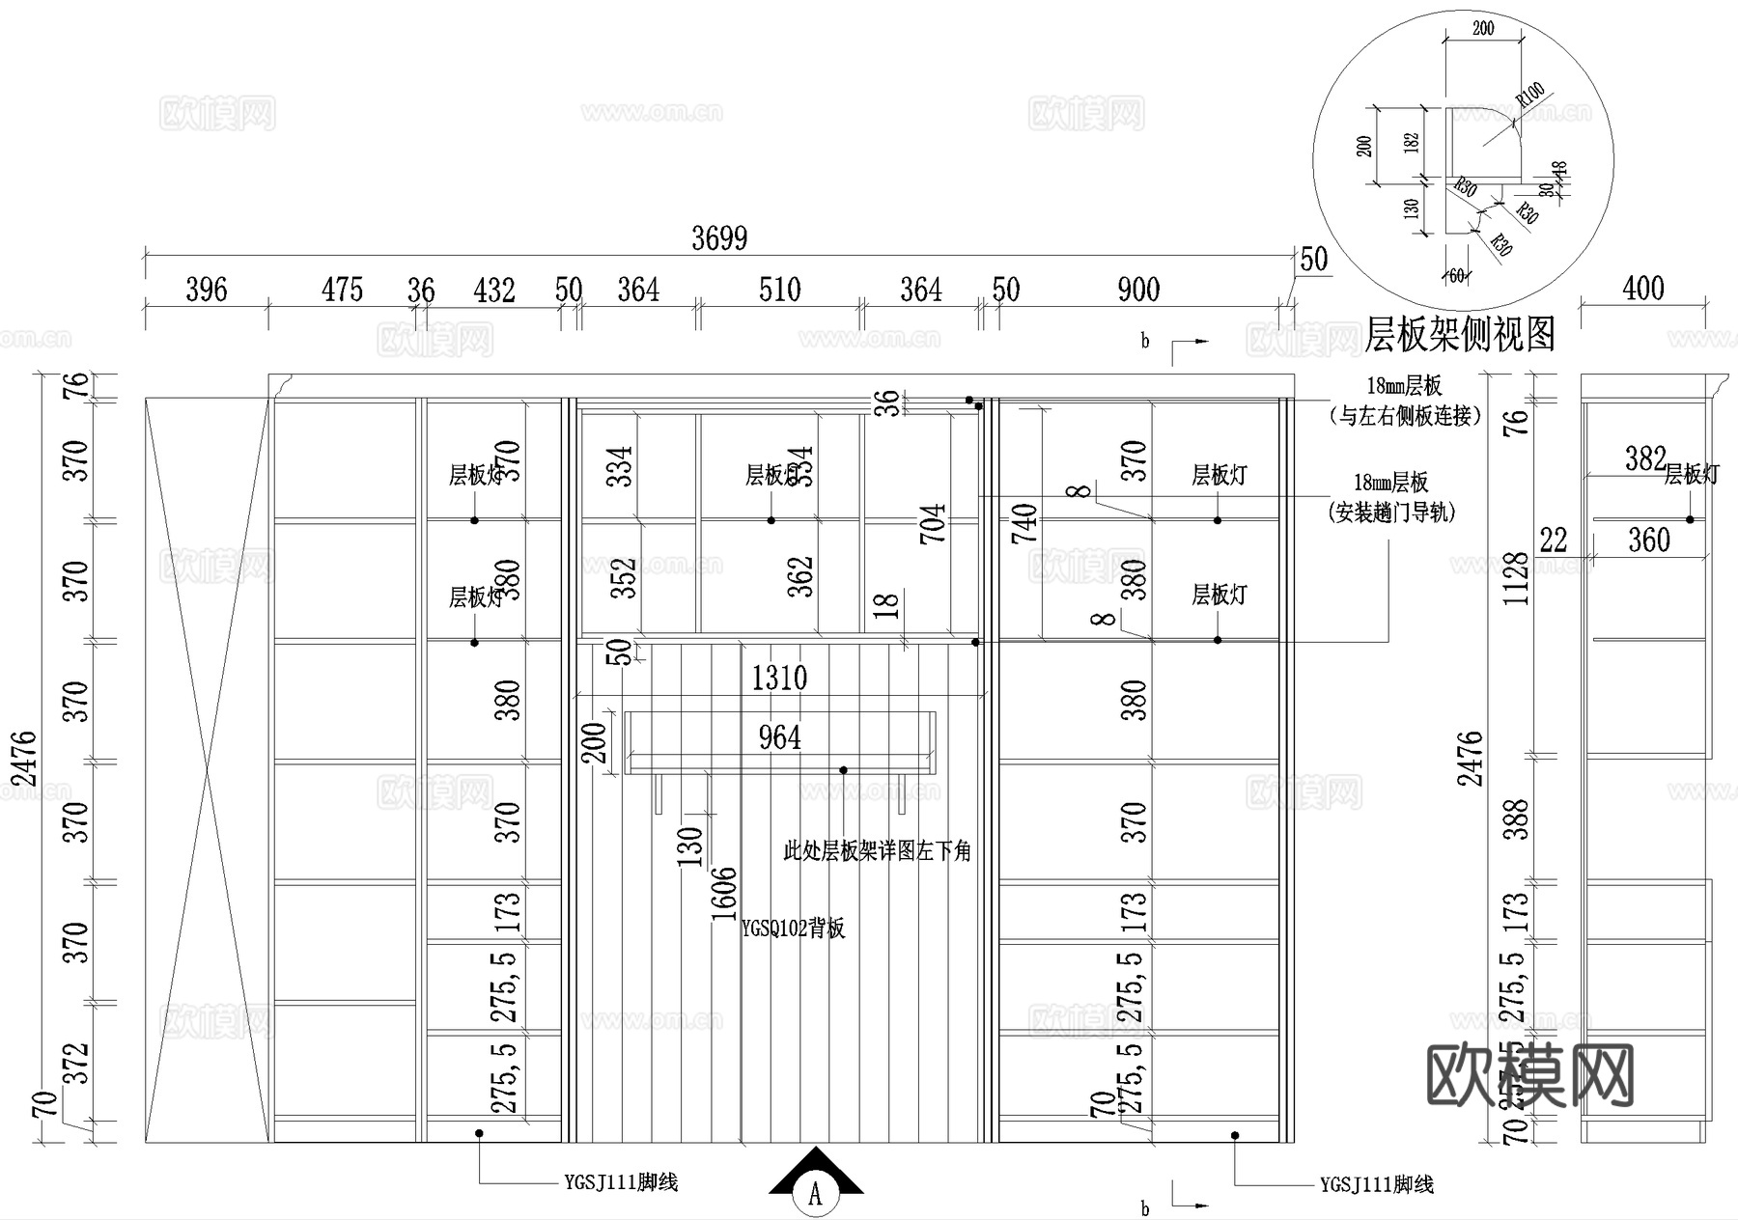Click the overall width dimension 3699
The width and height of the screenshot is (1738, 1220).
[x=719, y=238]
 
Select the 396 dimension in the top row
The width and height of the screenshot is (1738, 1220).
[x=206, y=290]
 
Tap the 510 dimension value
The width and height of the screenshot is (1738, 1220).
[x=779, y=290]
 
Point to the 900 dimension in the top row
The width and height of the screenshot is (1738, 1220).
[x=1138, y=290]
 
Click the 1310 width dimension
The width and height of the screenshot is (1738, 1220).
[x=779, y=678]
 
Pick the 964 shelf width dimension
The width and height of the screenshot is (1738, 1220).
[x=779, y=738]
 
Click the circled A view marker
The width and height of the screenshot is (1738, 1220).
[x=815, y=1195]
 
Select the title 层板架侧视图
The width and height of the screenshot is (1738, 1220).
[x=1460, y=334]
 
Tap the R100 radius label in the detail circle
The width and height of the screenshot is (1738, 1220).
[x=1530, y=95]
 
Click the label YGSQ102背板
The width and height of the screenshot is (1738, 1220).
[x=793, y=929]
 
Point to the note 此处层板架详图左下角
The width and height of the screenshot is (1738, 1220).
[x=877, y=851]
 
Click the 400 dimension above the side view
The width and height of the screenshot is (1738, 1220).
[x=1643, y=288]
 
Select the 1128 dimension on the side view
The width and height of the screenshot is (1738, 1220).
[x=1517, y=579]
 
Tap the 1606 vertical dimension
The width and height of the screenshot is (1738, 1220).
[x=723, y=894]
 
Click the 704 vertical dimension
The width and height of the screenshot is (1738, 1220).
[x=933, y=524]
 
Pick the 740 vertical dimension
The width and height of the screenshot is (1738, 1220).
[x=1024, y=524]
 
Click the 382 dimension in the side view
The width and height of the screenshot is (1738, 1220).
[x=1645, y=457]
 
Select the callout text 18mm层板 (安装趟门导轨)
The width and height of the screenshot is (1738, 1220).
[x=1391, y=497]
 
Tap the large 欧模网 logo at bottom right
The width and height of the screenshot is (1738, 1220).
[x=1529, y=1075]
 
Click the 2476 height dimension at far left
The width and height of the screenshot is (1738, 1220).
[x=23, y=760]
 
